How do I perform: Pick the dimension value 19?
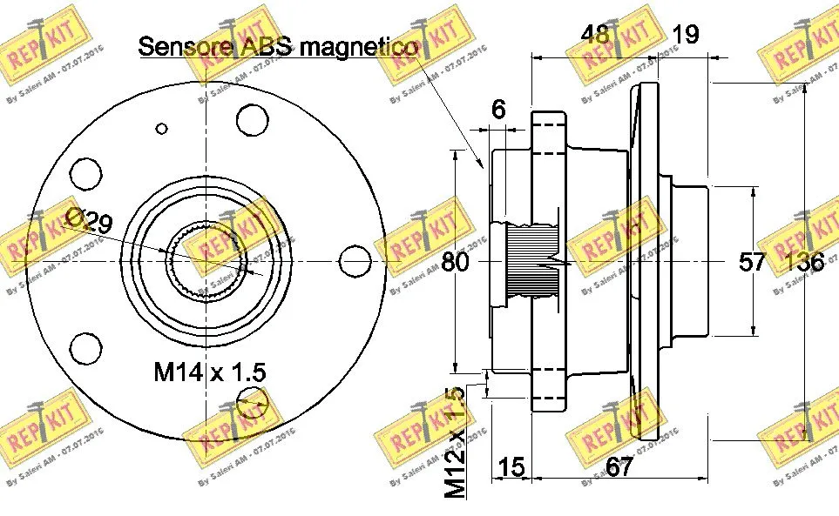point(686,34)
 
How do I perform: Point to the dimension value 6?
point(498,110)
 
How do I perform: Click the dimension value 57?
point(753,262)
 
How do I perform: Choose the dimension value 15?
point(511,467)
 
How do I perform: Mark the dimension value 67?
point(619,467)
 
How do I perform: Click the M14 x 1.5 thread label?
point(209,372)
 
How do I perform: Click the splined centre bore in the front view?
point(207,260)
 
